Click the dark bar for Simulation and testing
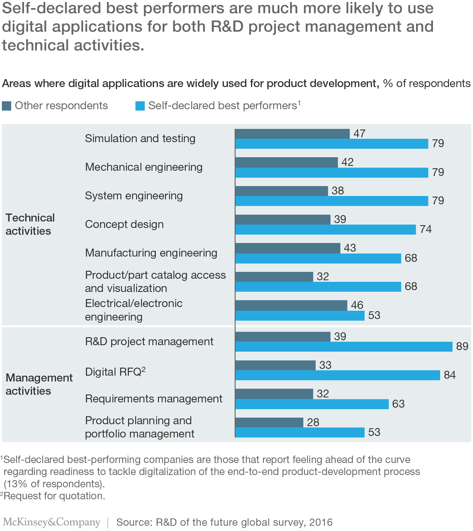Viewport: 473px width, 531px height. pyautogui.click(x=292, y=134)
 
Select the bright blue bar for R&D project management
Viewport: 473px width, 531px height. pyautogui.click(x=344, y=347)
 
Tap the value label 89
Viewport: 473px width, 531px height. pyautogui.click(x=462, y=346)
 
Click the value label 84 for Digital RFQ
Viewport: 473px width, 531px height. pyautogui.click(x=450, y=375)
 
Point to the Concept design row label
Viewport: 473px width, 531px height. pyautogui.click(x=124, y=224)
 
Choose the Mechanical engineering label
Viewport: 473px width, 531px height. pyautogui.click(x=144, y=167)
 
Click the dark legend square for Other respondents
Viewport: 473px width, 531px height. pyautogui.click(x=6, y=106)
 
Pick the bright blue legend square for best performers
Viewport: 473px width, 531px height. pyautogui.click(x=140, y=106)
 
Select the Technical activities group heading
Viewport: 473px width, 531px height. pyautogui.click(x=30, y=224)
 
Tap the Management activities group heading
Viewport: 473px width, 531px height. pyautogui.click(x=39, y=384)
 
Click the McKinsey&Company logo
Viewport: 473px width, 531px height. pyautogui.click(x=51, y=522)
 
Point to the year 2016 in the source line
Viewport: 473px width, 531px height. pyautogui.click(x=321, y=522)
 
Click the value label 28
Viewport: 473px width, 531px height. pyautogui.click(x=313, y=422)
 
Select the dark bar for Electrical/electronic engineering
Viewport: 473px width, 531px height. pyautogui.click(x=291, y=305)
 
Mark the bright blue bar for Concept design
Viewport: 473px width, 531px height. pyautogui.click(x=325, y=230)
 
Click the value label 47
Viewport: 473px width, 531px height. pyautogui.click(x=359, y=134)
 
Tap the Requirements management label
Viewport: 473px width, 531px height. pyautogui.click(x=154, y=399)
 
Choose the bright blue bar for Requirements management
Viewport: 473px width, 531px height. pyautogui.click(x=312, y=404)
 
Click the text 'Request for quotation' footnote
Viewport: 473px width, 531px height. pyautogui.click(x=55, y=496)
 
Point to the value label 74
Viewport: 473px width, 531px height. pyautogui.click(x=426, y=229)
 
